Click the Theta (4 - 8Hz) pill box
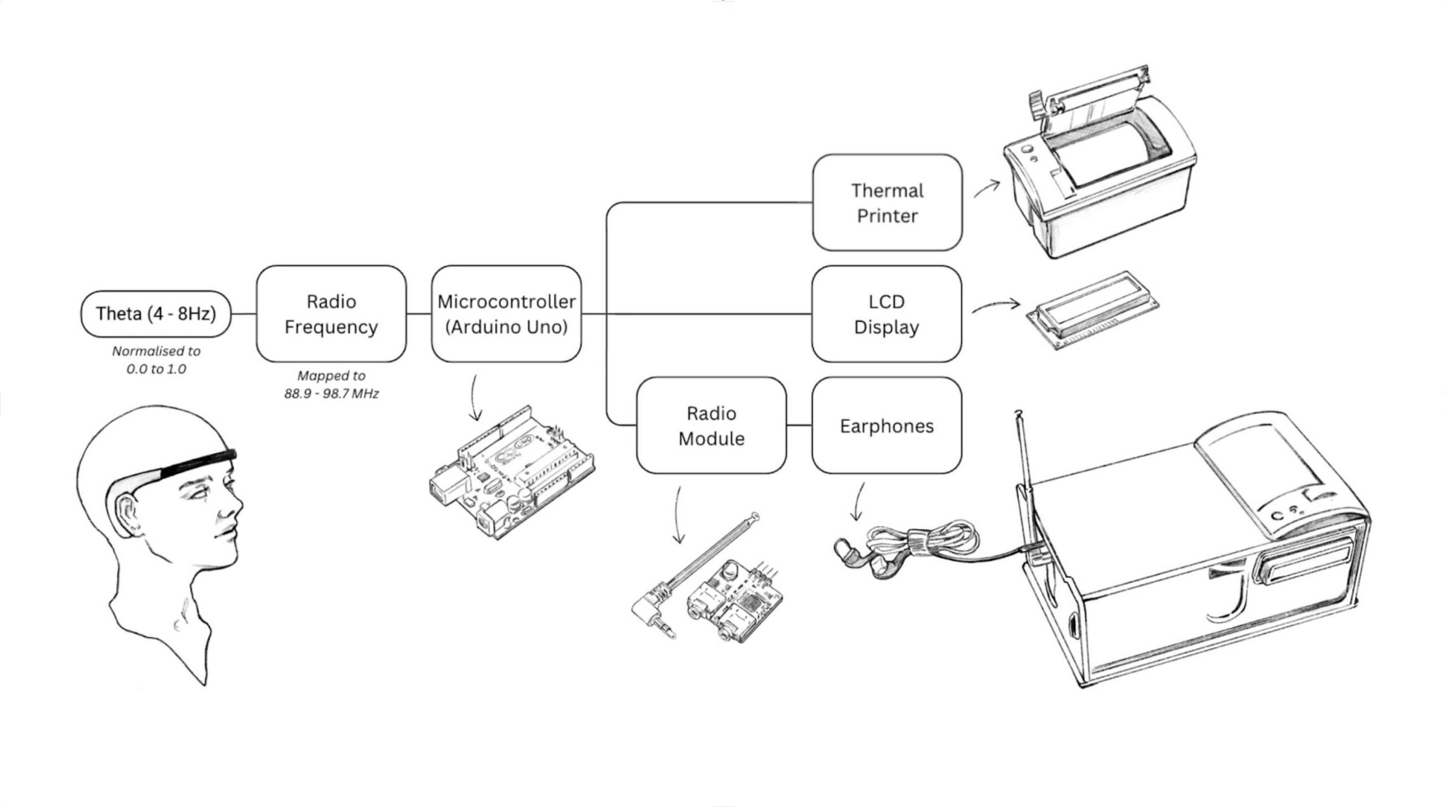pos(155,314)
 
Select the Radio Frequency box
pos(331,314)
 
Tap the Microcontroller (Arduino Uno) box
pos(506,314)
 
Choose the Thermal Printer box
pos(887,203)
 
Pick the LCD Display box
pos(887,314)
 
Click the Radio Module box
pos(711,426)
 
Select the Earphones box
pos(887,426)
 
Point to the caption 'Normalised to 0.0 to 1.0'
pos(156,360)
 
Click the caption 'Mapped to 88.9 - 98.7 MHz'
pos(331,384)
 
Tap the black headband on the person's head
pos(196,463)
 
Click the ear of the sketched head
pos(124,514)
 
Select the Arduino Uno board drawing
pos(511,475)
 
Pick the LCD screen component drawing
pos(1092,311)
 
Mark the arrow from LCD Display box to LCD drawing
pos(996,306)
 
